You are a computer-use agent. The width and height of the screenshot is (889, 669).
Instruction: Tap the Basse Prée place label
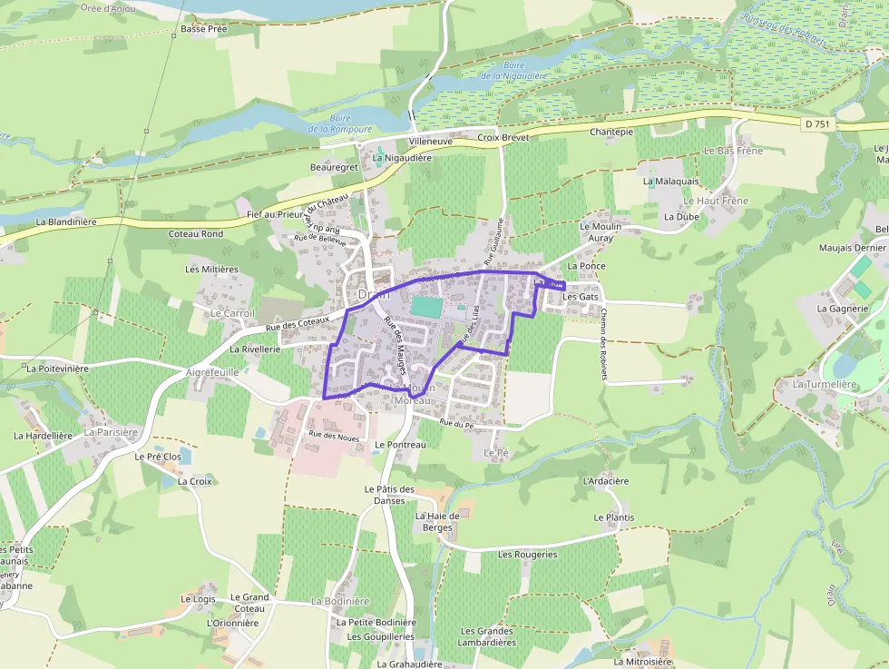(204, 29)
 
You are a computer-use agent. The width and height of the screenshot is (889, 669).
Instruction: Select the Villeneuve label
(430, 143)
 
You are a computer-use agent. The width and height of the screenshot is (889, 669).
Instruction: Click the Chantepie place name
(611, 132)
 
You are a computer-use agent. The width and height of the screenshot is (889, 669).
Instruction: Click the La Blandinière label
(66, 221)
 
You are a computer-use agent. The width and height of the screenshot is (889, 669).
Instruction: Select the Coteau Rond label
(196, 234)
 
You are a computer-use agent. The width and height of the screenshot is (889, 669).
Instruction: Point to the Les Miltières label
(211, 270)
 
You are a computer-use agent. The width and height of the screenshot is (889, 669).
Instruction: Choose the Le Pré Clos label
(158, 457)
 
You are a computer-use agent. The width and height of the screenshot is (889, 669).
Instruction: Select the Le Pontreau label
(400, 445)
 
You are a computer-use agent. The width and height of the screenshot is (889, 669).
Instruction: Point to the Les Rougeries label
(528, 554)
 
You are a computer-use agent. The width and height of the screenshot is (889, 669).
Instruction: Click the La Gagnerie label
(843, 309)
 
